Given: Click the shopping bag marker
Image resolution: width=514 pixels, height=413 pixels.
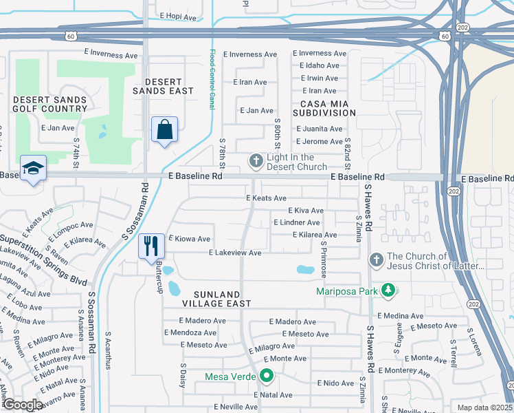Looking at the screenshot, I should [x=165, y=130].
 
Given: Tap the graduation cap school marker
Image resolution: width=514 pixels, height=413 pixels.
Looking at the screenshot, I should [x=33, y=169].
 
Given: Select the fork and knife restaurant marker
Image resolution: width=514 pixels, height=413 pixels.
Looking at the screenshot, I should [x=151, y=246].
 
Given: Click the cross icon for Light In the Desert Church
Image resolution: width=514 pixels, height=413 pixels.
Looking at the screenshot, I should [x=256, y=162].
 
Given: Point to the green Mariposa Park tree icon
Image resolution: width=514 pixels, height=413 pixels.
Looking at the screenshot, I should [x=388, y=290].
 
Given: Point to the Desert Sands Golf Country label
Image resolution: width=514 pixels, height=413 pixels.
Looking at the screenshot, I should [x=50, y=104].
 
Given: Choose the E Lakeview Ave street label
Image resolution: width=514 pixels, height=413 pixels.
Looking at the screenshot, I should [x=235, y=253].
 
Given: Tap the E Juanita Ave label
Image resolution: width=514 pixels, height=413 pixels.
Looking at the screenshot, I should [x=319, y=129].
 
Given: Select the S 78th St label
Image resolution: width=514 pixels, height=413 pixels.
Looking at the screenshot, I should [x=223, y=155].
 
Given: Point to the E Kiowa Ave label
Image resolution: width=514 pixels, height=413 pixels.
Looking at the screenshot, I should [x=189, y=239].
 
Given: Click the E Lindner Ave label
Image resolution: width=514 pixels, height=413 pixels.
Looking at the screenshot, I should [x=296, y=222].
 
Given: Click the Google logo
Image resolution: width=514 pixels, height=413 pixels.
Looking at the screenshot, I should [x=23, y=405].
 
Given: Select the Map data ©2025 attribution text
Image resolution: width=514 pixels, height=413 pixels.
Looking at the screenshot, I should [x=484, y=407].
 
